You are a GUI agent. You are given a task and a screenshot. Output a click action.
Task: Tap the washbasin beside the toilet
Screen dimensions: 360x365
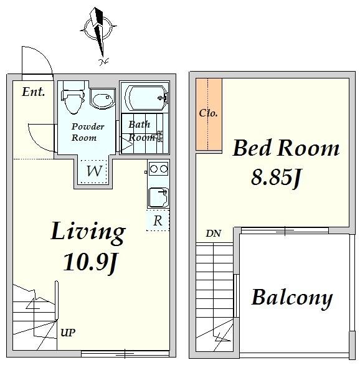(103, 98)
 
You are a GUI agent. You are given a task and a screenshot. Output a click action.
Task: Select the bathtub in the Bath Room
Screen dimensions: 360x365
(146, 97)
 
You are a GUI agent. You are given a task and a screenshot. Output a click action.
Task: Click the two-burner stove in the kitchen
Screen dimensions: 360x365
(158, 169)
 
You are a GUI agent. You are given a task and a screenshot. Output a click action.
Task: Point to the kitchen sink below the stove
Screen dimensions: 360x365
(158, 197)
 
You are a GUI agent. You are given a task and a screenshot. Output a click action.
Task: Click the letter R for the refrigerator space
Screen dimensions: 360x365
(158, 220)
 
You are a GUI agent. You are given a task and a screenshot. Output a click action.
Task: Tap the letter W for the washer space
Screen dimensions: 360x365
(94, 171)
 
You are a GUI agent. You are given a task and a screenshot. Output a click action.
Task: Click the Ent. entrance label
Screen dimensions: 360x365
(33, 92)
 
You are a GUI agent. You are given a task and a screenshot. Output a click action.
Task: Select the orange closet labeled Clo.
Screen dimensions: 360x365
(209, 114)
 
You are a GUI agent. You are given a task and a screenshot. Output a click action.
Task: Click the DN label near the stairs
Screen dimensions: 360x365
(213, 233)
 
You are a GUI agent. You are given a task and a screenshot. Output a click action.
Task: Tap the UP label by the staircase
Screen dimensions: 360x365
(68, 333)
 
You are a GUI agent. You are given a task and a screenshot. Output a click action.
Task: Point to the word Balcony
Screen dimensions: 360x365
(292, 298)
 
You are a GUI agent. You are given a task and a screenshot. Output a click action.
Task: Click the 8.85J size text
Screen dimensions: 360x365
(276, 178)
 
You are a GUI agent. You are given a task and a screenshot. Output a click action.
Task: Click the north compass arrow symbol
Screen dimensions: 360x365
(98, 32)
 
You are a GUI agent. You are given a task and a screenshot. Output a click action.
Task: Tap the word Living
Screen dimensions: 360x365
(88, 232)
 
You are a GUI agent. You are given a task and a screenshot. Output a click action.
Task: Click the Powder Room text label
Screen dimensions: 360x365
(87, 132)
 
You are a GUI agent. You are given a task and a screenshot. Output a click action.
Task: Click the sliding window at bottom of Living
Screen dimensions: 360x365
(125, 354)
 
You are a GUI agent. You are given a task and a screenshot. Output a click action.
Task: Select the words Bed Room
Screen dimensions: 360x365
(286, 148)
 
